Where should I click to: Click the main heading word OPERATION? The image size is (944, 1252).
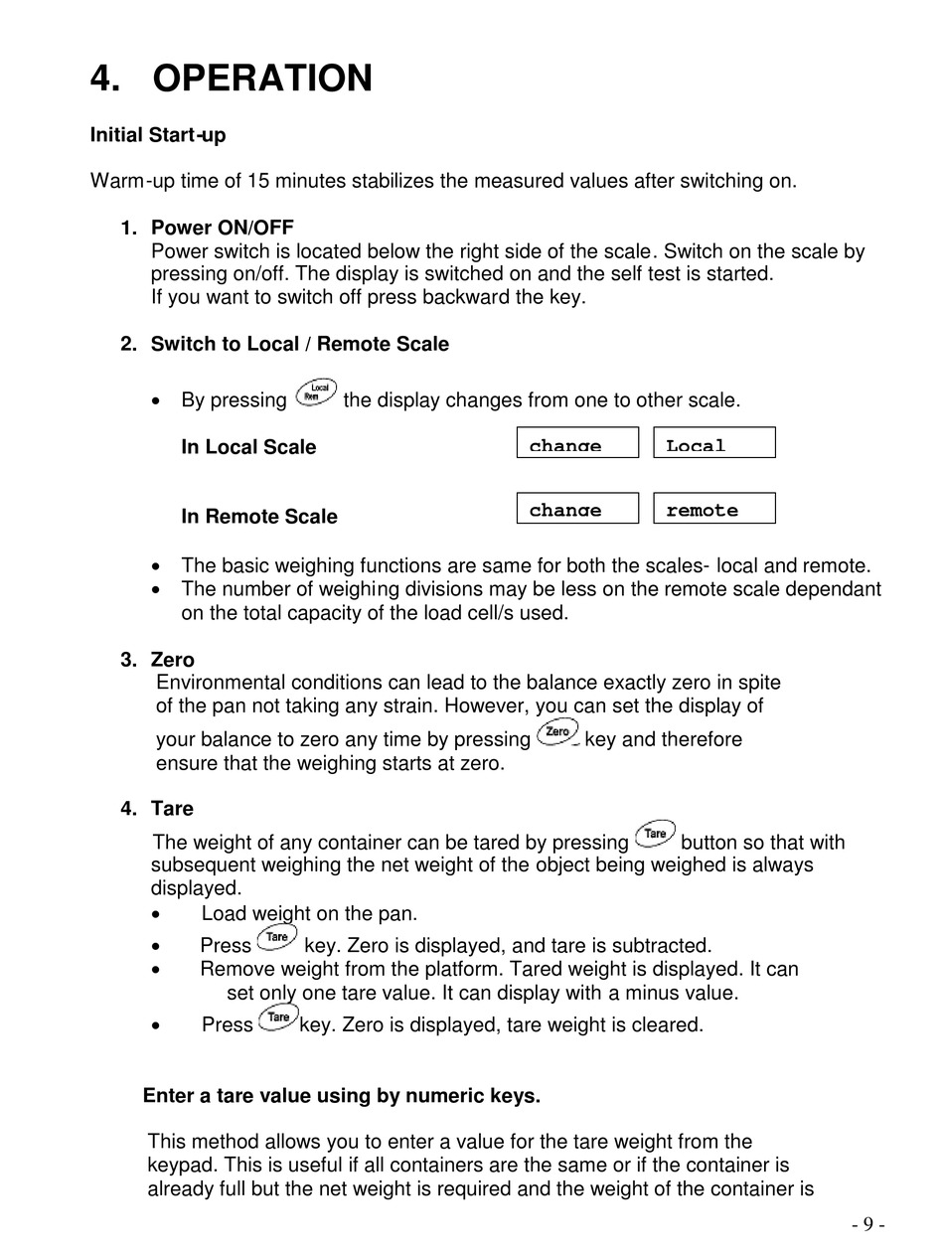tap(262, 78)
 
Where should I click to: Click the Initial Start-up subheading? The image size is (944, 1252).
tap(157, 135)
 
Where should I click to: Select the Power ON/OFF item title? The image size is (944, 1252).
tap(222, 228)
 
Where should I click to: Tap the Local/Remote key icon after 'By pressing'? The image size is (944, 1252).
tap(316, 393)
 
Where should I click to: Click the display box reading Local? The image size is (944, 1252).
tap(713, 443)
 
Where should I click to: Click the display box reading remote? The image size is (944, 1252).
tap(713, 509)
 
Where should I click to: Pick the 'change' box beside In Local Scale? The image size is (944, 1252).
tap(576, 443)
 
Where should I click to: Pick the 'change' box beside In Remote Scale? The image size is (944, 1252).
tap(576, 509)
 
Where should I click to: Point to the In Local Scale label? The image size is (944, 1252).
tap(248, 447)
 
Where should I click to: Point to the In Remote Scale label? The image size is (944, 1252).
tap(258, 517)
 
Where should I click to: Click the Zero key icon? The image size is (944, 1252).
tap(557, 733)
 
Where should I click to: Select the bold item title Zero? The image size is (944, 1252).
tap(173, 660)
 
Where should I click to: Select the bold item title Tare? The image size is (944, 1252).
tap(172, 809)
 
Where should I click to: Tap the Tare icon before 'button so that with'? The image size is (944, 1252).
tap(654, 834)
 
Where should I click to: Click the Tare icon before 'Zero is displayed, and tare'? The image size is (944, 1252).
tap(277, 938)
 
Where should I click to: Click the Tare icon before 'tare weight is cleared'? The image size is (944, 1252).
tap(278, 1017)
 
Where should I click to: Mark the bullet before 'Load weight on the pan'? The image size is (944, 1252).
tap(158, 914)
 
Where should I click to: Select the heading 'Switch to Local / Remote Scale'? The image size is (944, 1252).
tap(299, 344)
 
